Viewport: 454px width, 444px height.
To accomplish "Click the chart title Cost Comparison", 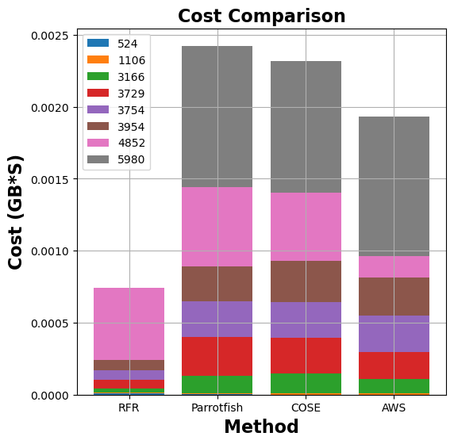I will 261,16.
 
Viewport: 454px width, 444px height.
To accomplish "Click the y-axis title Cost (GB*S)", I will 16,212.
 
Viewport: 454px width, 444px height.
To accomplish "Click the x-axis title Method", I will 261,427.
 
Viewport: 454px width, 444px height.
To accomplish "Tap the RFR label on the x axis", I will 129,407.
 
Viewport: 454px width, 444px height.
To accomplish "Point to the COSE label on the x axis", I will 306,407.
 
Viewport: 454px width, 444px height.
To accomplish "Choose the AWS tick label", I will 394,407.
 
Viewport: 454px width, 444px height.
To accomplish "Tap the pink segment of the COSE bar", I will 306,227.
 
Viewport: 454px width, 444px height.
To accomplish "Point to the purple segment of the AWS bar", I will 394,334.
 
